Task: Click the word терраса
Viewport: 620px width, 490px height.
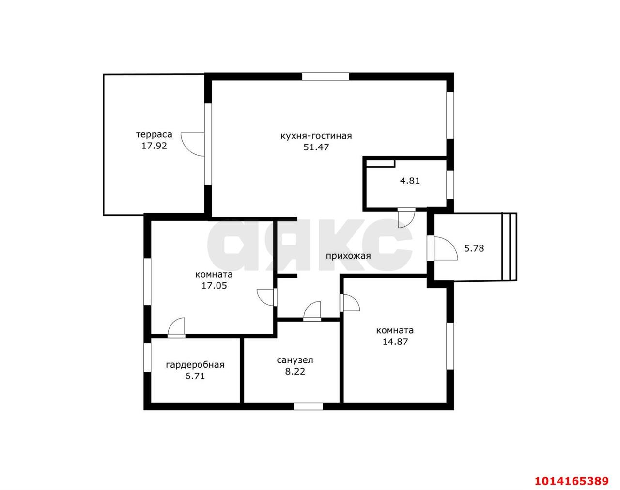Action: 154,134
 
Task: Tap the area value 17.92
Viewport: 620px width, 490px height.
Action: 154,146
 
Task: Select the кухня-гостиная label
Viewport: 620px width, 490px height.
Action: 316,136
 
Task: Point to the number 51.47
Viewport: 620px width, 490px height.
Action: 316,147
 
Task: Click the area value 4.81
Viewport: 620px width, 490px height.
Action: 410,181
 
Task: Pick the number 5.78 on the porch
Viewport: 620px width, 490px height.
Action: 474,248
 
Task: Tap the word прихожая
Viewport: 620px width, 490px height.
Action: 348,256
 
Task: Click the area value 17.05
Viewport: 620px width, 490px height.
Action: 214,286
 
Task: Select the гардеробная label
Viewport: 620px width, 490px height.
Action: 195,365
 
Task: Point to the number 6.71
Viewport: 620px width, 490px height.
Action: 195,376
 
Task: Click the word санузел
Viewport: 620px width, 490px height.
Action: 295,360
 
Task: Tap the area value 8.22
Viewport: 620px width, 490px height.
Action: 295,372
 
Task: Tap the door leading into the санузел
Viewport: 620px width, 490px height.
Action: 312,311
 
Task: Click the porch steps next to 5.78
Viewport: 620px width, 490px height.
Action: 510,247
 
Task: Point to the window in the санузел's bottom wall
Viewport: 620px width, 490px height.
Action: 308,407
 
